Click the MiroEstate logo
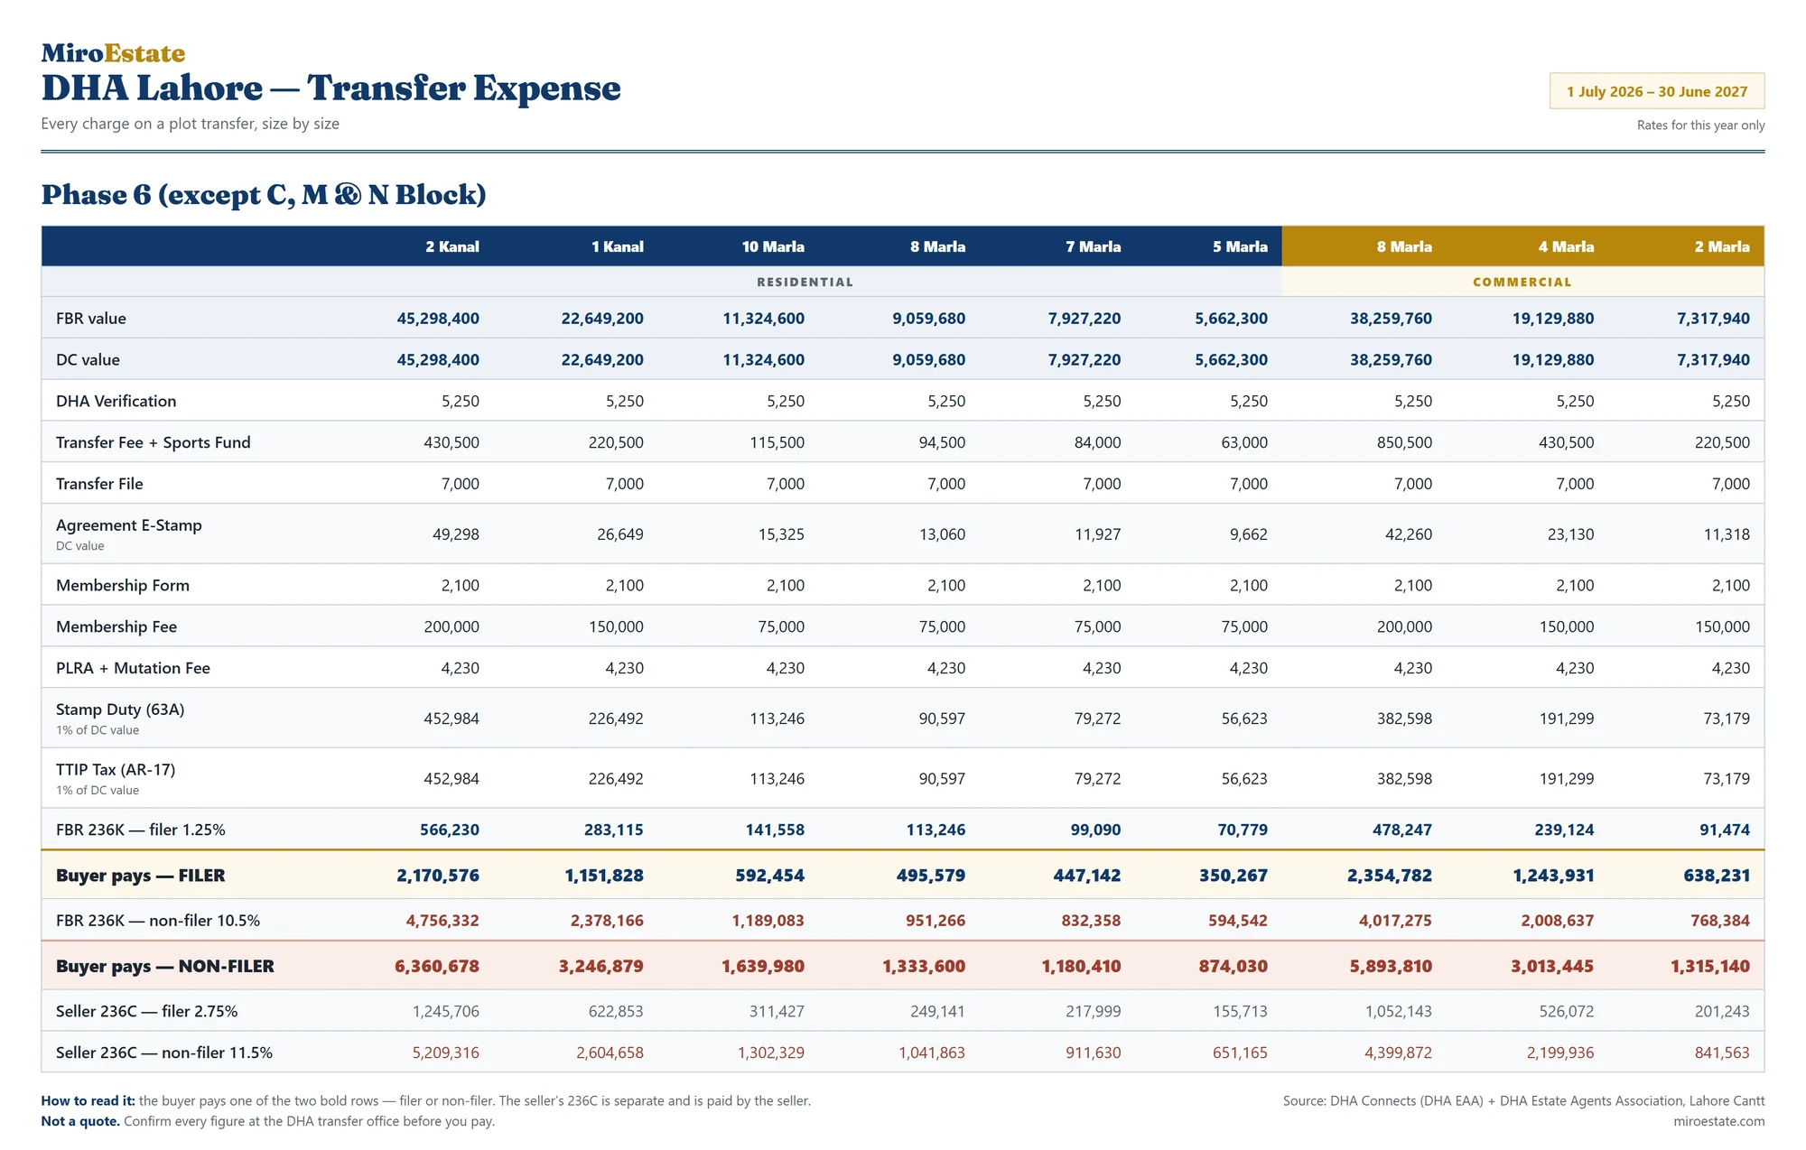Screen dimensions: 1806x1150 (x=113, y=53)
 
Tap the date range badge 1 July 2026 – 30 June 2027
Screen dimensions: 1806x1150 (x=1657, y=91)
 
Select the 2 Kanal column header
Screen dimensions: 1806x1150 (x=452, y=246)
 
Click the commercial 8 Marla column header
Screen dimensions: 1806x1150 (x=1404, y=246)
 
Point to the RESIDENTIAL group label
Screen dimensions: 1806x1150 (x=805, y=282)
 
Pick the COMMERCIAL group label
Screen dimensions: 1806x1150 (x=1522, y=282)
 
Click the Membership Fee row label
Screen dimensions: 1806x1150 (x=116, y=626)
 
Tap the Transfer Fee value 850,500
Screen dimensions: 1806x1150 (x=1404, y=442)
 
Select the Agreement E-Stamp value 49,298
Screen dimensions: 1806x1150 (x=456, y=534)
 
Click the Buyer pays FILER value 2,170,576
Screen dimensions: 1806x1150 (x=438, y=876)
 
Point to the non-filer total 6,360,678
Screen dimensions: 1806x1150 (x=437, y=966)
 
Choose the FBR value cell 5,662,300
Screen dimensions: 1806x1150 (x=1231, y=319)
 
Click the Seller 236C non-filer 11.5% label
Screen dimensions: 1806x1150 (x=164, y=1053)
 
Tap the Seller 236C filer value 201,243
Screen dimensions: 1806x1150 (x=1722, y=1011)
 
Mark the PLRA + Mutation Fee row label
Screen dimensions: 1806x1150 (x=133, y=668)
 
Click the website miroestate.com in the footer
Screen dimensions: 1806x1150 (x=1718, y=1121)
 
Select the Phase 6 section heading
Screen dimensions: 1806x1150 (x=264, y=195)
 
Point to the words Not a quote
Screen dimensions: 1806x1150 (x=80, y=1121)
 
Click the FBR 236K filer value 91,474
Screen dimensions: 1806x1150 (x=1725, y=830)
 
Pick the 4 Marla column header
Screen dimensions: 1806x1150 (x=1566, y=246)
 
